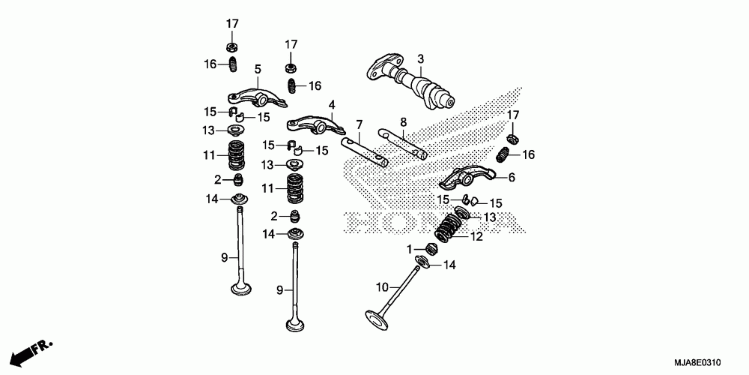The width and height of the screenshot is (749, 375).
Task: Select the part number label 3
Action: [420, 58]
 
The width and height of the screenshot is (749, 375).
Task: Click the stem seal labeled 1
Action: [430, 249]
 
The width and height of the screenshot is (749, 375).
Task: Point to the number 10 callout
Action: [380, 286]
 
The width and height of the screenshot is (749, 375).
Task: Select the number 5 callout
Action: [257, 70]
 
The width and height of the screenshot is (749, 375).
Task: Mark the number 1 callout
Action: [410, 248]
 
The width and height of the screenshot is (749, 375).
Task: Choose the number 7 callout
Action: [360, 124]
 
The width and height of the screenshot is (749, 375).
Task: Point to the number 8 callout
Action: [403, 121]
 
